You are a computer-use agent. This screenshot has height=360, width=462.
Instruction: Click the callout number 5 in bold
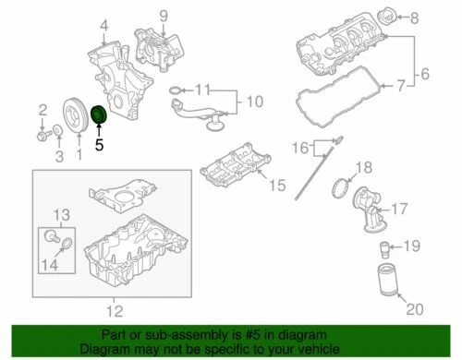[x=100, y=143]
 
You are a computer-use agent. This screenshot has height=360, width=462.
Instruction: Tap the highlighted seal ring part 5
[x=101, y=114]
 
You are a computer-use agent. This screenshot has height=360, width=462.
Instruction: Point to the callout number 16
[x=298, y=147]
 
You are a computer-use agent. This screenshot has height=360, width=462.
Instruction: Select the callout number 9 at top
[x=163, y=15]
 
